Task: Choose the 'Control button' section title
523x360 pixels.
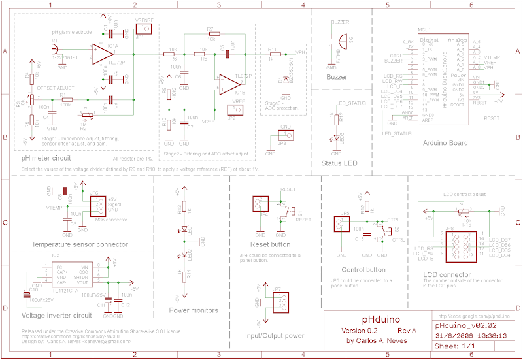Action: pos(363,269)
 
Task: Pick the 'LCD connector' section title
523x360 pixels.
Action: pos(447,274)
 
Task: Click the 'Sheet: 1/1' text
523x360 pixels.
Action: pos(456,346)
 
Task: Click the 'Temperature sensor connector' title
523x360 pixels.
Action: pos(80,244)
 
